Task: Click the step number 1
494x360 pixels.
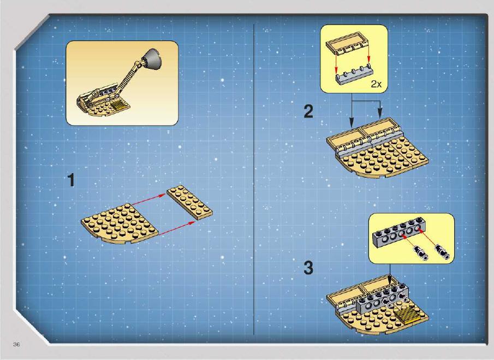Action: (x=72, y=180)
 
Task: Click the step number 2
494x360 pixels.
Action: (x=308, y=111)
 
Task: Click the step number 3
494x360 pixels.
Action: (x=308, y=268)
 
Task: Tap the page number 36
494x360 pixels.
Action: (x=16, y=345)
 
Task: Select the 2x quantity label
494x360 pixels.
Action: (x=376, y=84)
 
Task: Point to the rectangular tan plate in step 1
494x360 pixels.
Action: (x=189, y=202)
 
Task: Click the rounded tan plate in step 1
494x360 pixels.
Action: (x=120, y=223)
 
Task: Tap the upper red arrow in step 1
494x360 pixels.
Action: (x=148, y=200)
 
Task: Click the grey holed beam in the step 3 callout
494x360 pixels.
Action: (x=397, y=233)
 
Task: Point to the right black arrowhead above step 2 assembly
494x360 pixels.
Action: (x=380, y=113)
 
